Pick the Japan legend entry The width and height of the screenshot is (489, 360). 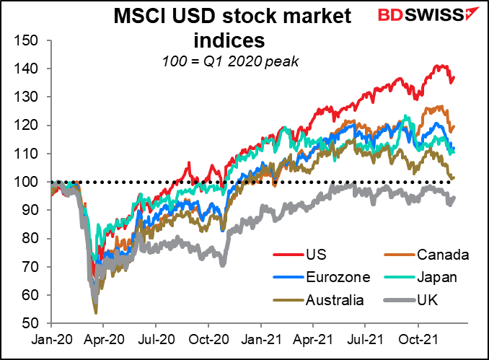(x=439, y=276)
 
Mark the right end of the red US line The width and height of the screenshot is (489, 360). (x=454, y=77)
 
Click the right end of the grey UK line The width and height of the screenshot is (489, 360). (x=454, y=198)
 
